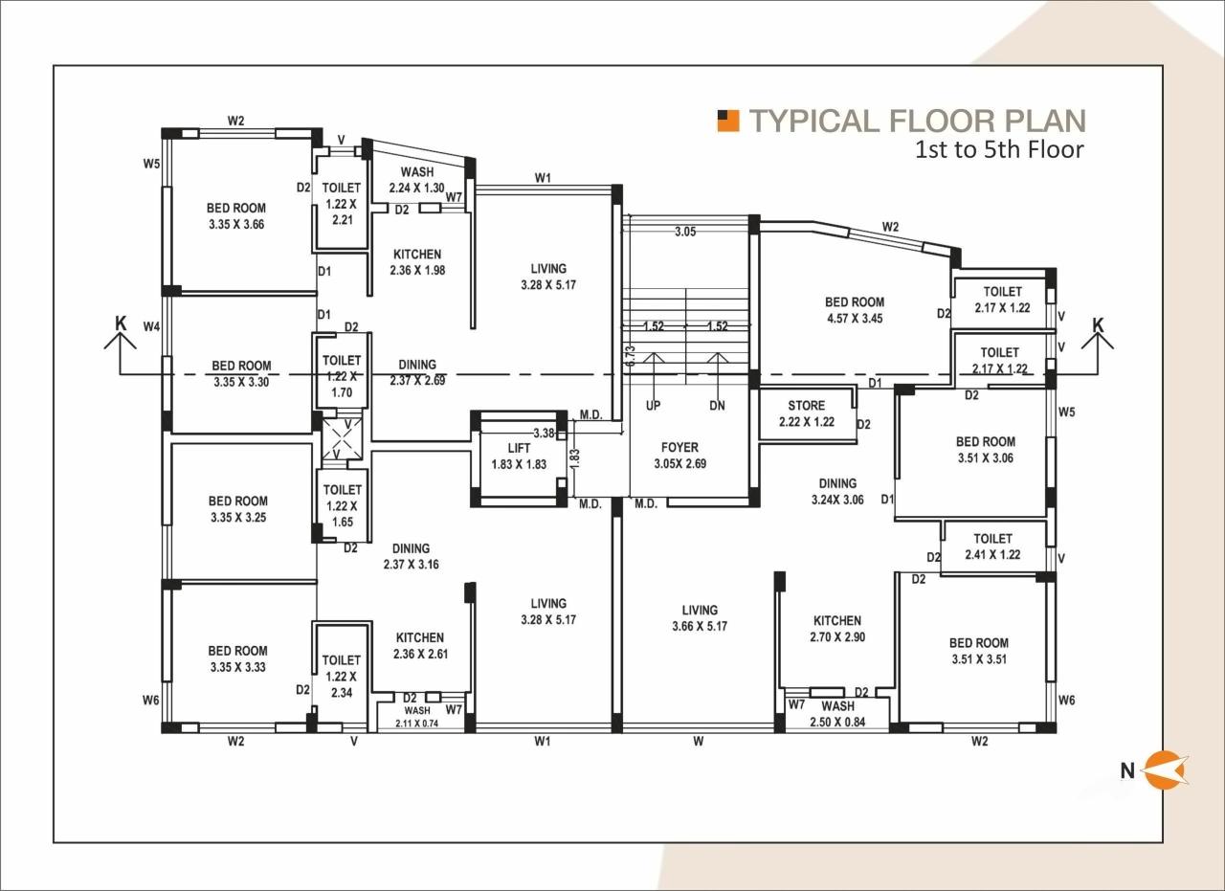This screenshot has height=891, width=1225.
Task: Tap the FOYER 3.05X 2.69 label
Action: point(679,455)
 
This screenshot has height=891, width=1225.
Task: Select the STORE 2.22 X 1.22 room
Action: point(806,413)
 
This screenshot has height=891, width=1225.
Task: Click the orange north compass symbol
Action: point(1167,769)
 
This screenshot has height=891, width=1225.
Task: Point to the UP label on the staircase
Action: point(653,405)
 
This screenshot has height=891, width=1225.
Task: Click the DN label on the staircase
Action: point(717,405)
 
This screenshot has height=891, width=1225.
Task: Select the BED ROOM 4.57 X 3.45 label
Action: point(855,309)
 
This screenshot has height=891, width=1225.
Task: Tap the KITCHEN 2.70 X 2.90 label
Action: point(837,628)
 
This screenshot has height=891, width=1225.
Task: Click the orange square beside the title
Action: point(728,120)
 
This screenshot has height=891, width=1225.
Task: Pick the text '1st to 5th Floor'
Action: point(999,150)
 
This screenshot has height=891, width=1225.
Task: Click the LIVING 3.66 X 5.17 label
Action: point(700,618)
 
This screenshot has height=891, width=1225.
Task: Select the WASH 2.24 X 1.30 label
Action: point(417,180)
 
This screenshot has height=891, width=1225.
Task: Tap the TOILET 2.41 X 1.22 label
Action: point(992,546)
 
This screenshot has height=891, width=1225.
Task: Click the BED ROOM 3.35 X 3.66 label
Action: point(236,216)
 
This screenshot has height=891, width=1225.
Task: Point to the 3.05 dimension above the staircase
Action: point(684,232)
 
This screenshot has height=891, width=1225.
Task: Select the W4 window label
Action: point(151,327)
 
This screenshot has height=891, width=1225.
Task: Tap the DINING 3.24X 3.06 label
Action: point(837,491)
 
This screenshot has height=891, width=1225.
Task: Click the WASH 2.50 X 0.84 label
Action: point(837,714)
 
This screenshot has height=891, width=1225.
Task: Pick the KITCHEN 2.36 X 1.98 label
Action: point(416,262)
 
